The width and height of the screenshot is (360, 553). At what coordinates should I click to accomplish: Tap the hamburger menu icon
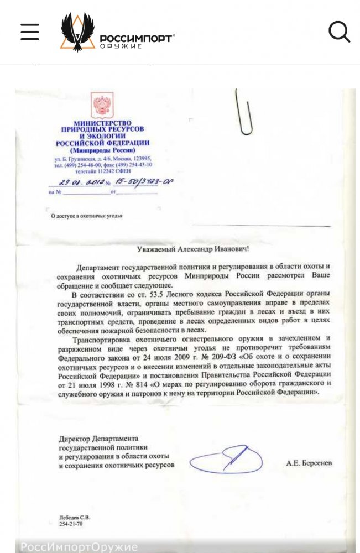[x=30, y=32]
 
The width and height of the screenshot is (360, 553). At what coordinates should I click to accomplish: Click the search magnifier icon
[x=339, y=32]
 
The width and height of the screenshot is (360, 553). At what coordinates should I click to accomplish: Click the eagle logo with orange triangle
[x=77, y=33]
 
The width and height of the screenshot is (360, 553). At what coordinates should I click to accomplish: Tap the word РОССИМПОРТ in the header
[x=136, y=38]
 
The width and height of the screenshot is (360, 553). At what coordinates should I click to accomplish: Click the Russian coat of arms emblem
[x=102, y=106]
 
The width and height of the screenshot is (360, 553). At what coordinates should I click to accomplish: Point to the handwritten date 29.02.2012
[x=77, y=182]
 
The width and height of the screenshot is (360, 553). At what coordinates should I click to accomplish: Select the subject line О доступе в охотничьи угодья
[x=86, y=216]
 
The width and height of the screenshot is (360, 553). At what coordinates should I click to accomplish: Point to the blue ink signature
[x=227, y=460]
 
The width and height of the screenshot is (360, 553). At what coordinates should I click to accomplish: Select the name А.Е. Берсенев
[x=309, y=462]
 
